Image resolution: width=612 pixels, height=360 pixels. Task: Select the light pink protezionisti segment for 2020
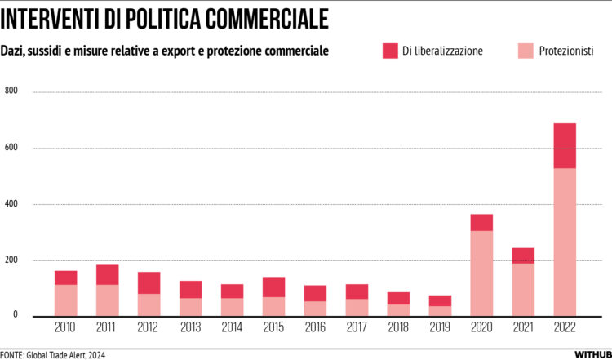pos(481,273)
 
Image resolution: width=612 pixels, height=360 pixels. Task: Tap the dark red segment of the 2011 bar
pos(107,274)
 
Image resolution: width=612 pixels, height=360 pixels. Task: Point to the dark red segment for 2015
pos(273,287)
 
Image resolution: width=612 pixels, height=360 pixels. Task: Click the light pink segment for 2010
pos(65,300)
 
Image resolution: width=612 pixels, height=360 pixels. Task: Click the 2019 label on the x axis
pos(440,327)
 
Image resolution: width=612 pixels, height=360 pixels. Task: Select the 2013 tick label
pos(190,327)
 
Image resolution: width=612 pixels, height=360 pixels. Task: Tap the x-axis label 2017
pos(357,327)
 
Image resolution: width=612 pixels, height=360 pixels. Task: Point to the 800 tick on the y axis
pos(11,91)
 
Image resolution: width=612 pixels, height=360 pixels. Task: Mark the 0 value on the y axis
pos(15,314)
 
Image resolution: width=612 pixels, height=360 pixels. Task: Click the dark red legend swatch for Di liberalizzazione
pos(390,51)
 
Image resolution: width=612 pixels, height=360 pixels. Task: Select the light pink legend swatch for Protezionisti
pos(525,51)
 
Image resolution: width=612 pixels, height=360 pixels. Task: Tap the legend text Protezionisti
pos(566,51)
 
